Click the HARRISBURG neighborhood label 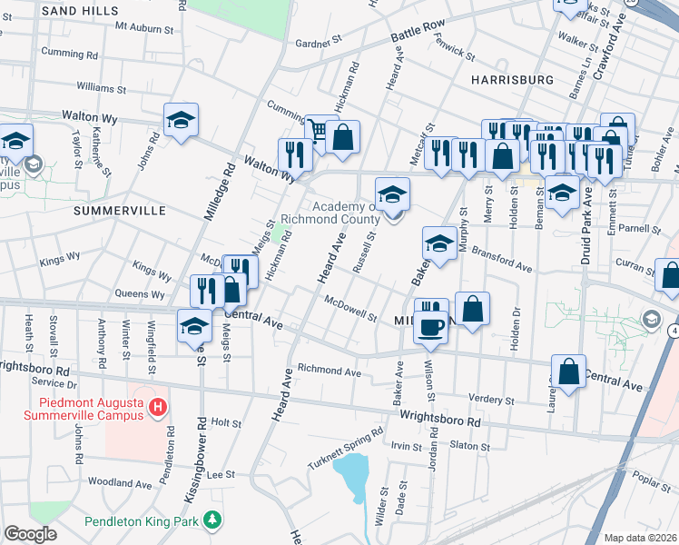pos(513,80)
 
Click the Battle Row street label pos(418,36)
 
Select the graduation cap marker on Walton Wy pos(181,120)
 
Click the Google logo pos(30,534)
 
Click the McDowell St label pos(349,309)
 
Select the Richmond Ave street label pos(330,371)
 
